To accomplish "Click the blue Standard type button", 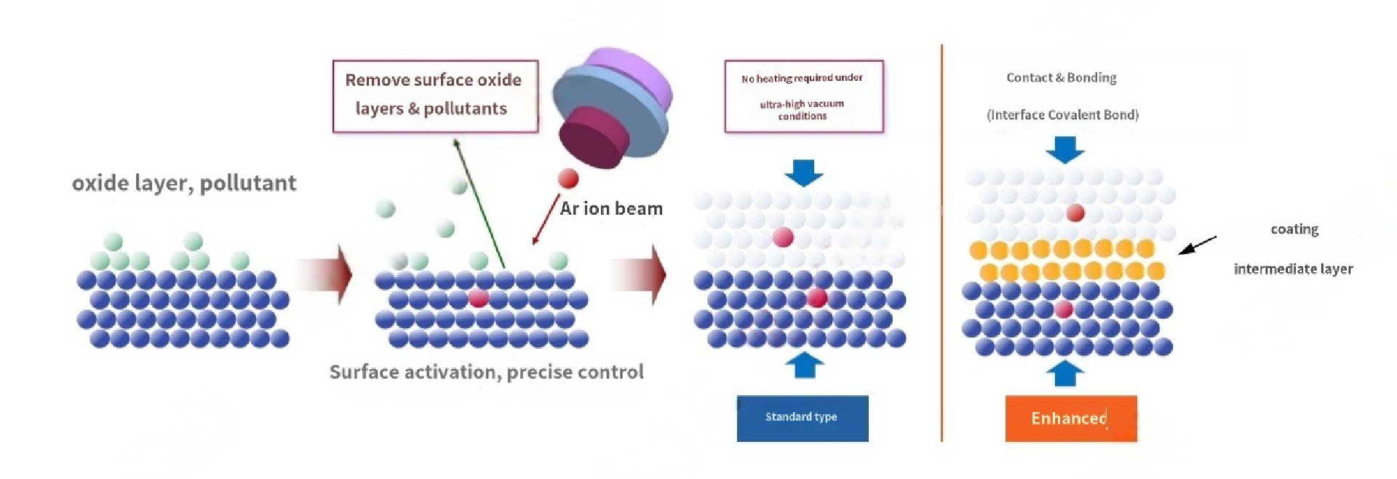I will coord(802,418).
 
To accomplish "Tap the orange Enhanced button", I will coord(1070,418).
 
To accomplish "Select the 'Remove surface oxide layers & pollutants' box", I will coord(434,95).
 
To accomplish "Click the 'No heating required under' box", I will coord(803,96).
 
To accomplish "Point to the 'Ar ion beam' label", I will coord(611,209).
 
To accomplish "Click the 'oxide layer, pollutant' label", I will coord(184,183).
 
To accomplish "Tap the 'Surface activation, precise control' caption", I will coord(486,372).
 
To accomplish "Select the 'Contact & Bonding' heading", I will coord(1061,78).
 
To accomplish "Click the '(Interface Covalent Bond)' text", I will coord(1062,114).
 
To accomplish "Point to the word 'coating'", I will coord(1294,229).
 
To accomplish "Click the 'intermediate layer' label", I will coord(1293,269).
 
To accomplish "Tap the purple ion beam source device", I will coord(613,106).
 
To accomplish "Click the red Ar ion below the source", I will coord(568,178).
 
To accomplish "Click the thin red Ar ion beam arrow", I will coord(546,219).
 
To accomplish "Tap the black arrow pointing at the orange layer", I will coord(1196,245).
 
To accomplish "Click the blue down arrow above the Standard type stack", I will coord(803,173).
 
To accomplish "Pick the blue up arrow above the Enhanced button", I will coord(1064,373).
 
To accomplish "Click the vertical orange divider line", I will coord(942,240).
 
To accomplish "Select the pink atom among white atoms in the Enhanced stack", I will coord(1075,213).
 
